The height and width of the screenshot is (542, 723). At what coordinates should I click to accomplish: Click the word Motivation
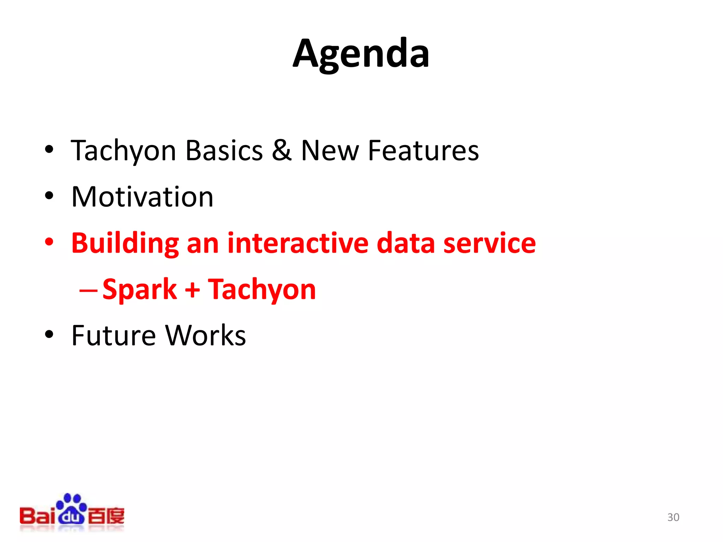pos(142,197)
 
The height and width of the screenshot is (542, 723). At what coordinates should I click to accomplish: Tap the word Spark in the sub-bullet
pos(140,289)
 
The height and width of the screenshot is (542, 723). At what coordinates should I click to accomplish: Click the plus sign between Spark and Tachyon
pos(192,290)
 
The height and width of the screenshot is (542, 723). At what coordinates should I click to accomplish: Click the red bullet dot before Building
pos(49,242)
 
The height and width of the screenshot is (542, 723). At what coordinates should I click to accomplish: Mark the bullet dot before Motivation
pos(49,195)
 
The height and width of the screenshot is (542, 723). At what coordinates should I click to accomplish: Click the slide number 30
pos(673,517)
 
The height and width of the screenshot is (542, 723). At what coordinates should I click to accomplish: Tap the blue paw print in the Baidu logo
pos(72,508)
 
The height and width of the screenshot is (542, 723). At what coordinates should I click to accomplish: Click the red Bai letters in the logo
pos(37,516)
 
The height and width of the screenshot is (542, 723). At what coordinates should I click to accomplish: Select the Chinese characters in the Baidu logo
pos(106,516)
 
